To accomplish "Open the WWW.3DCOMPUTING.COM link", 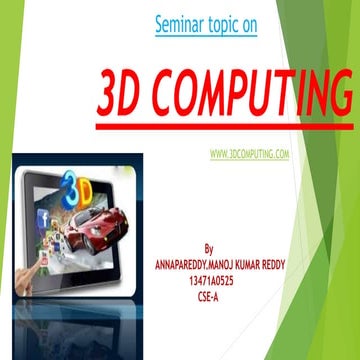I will click(x=250, y=154).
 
